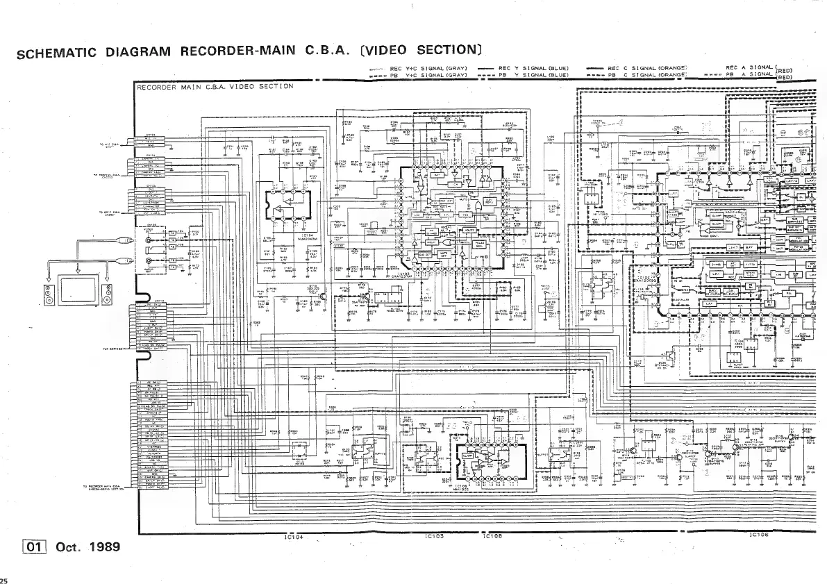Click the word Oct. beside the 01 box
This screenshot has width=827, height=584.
[68, 547]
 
